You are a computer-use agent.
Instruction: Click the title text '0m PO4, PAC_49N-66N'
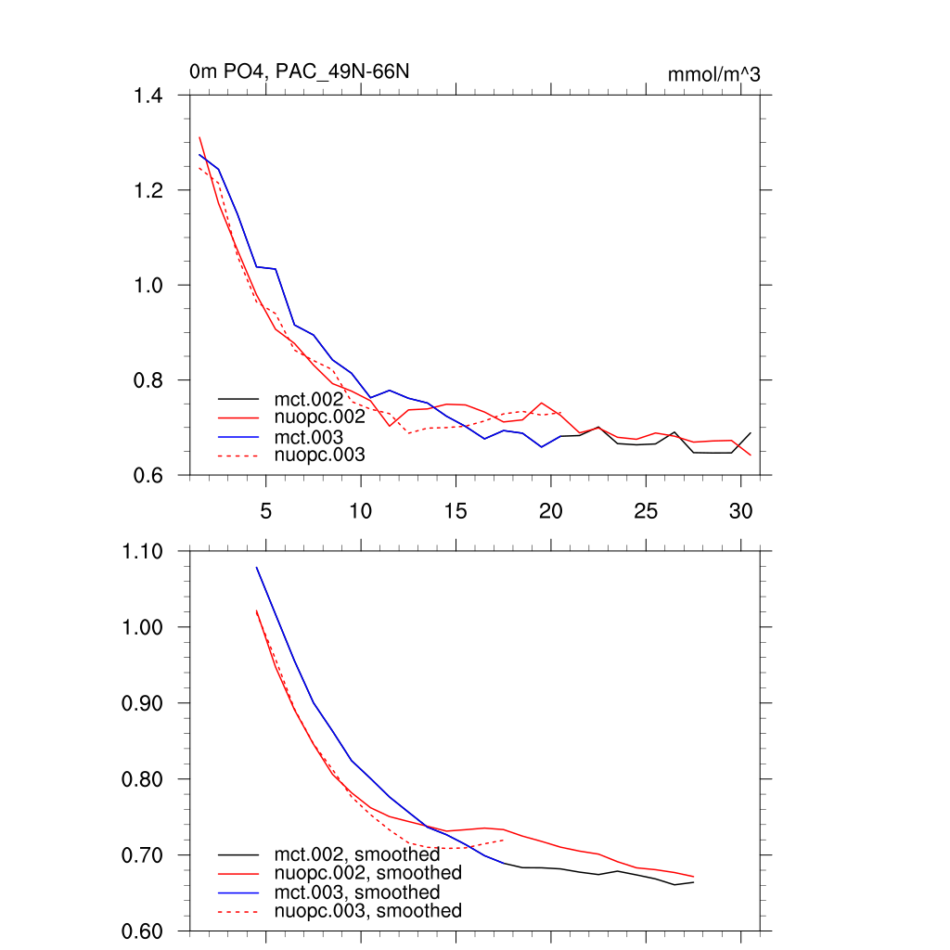click(299, 71)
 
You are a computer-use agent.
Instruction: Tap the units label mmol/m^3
click(713, 74)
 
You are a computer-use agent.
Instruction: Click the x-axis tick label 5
click(266, 510)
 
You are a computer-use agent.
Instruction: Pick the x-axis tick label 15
click(456, 510)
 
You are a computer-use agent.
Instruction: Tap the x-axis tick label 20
click(551, 510)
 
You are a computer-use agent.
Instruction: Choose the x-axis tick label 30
click(740, 510)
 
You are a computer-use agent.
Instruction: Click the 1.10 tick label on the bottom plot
click(142, 551)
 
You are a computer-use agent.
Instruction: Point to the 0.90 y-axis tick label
click(142, 703)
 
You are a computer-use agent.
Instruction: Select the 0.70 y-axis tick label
click(142, 854)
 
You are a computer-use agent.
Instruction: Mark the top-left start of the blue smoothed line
click(256, 567)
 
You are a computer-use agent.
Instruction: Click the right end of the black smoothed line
click(693, 882)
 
